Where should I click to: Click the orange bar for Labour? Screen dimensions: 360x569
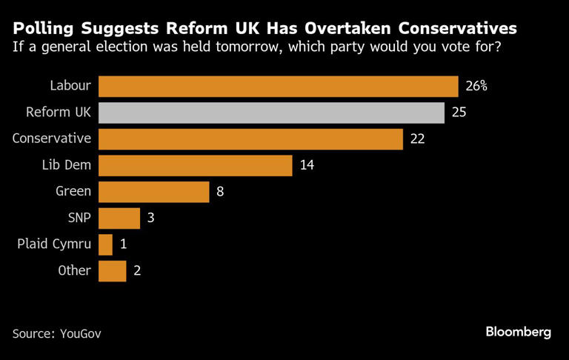coord(278,86)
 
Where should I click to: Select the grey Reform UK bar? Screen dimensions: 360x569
coord(271,113)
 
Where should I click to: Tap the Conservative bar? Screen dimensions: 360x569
coord(250,139)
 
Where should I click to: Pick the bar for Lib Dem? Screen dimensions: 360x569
coord(195,165)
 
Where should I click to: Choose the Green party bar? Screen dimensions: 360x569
coord(153,191)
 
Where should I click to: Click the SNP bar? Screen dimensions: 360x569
coord(119,218)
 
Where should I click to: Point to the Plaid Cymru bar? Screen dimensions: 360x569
coord(105,244)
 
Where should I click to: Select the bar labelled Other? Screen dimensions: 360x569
coord(112,270)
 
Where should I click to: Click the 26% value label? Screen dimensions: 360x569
coord(476,86)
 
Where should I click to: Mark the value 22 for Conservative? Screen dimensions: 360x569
coord(417,139)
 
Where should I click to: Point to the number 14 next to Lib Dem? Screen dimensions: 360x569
coord(307,165)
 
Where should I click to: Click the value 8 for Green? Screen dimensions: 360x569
coord(220,191)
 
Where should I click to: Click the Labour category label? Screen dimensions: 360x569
coord(70,86)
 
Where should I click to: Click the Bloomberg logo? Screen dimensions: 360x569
coord(519,332)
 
